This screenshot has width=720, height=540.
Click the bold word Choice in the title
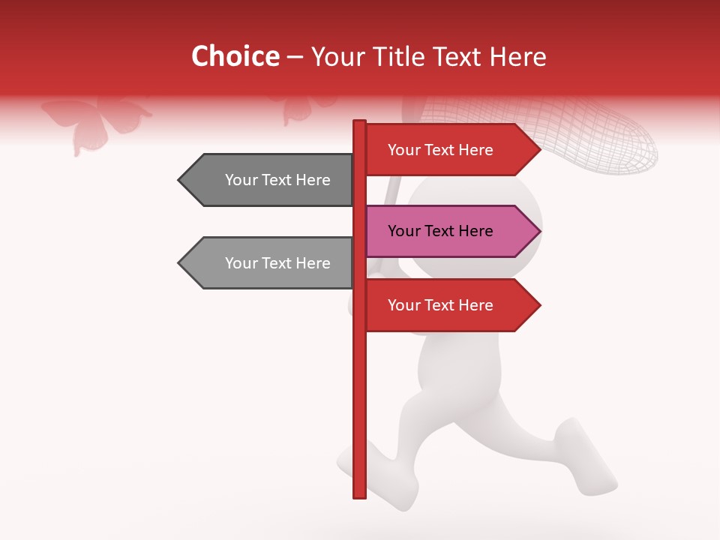click(235, 56)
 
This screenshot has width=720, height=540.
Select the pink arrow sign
click(450, 231)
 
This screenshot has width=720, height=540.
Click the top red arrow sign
click(450, 150)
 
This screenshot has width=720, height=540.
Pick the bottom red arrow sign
click(450, 305)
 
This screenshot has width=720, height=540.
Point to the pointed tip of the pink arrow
click(538, 231)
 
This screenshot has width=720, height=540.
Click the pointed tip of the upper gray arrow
click(181, 180)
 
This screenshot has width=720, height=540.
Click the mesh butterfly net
click(600, 139)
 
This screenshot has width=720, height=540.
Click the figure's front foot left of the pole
click(347, 461)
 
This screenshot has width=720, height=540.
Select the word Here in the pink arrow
click(475, 231)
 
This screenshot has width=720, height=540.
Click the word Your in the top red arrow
click(403, 150)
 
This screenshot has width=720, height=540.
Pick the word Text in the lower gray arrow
click(277, 263)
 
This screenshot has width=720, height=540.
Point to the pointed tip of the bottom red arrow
click(538, 305)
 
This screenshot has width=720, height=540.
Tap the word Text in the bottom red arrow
click(440, 305)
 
